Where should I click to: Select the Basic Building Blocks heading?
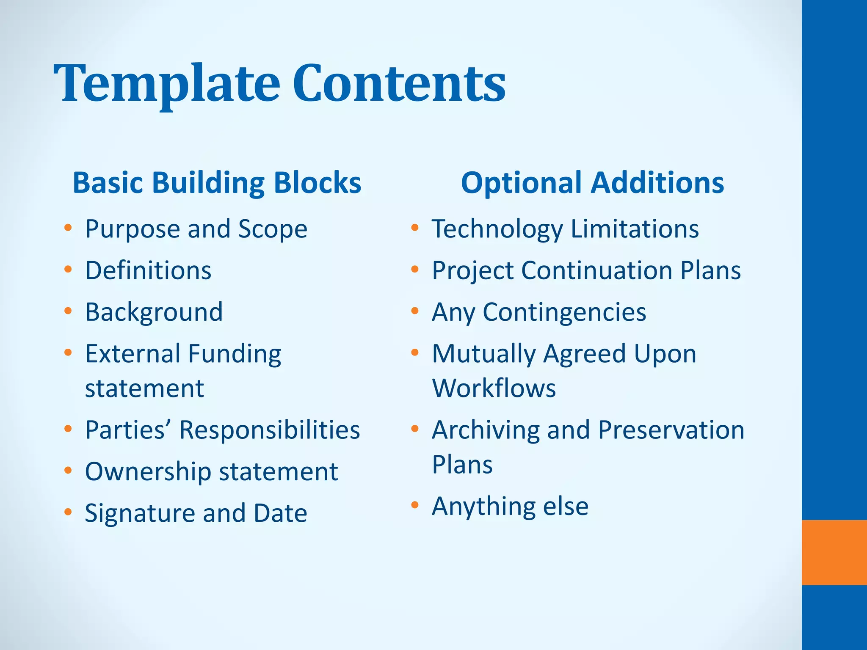(217, 183)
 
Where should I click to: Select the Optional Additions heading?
(592, 183)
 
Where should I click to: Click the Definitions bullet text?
(148, 270)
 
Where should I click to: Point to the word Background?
(154, 312)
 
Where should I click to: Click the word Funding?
(235, 354)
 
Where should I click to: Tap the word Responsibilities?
(269, 430)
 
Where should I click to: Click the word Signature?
(140, 513)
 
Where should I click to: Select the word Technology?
(497, 229)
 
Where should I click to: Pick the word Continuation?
(596, 270)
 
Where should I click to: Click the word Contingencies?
(564, 312)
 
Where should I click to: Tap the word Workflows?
(494, 388)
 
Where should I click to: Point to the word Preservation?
(671, 430)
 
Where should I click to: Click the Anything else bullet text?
(510, 506)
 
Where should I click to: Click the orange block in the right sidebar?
(834, 552)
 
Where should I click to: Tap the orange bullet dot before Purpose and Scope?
(68, 228)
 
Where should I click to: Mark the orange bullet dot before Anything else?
(414, 505)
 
